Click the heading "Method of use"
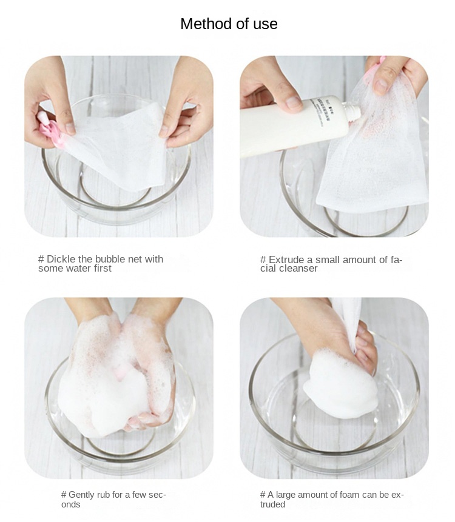point(229,24)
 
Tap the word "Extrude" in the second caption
point(286,259)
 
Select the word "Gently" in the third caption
point(83,495)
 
